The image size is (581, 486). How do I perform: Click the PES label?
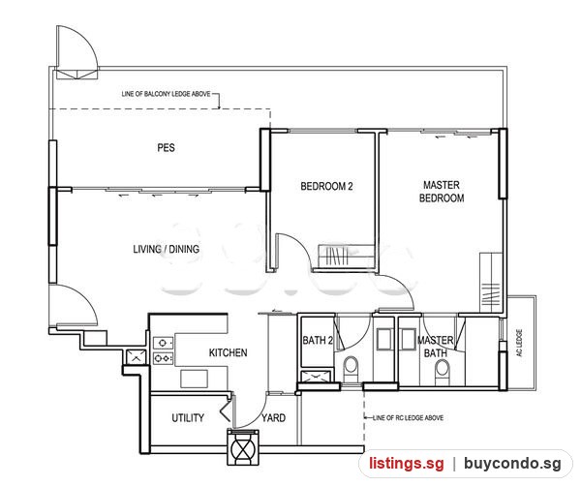(166, 148)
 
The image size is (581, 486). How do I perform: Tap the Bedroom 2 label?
(326, 186)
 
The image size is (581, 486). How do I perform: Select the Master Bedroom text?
(442, 191)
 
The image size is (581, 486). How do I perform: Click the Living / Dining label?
(166, 249)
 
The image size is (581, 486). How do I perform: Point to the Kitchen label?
(228, 352)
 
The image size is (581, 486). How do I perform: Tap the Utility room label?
(188, 418)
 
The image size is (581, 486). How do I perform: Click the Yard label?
(273, 418)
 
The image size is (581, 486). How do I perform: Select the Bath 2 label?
(318, 340)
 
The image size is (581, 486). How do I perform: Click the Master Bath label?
(436, 347)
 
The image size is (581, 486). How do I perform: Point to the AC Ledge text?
(519, 343)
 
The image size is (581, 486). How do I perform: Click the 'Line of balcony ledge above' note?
(166, 94)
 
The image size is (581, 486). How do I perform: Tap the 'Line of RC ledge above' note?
(408, 418)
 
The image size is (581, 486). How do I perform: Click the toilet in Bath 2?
(351, 368)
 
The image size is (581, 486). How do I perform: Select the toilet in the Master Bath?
(442, 372)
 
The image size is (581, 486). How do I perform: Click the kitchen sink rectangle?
(194, 379)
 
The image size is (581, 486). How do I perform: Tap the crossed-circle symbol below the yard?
(243, 448)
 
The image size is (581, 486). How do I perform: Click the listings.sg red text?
(406, 464)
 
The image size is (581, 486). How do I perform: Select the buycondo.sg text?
(512, 464)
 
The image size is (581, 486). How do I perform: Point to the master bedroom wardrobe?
(491, 283)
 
